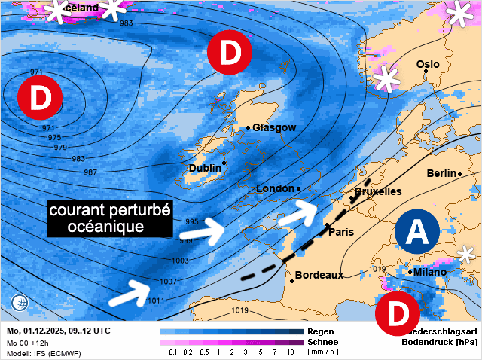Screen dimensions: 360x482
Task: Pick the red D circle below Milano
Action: coord(397,315)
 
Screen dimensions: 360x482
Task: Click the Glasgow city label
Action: coord(274,127)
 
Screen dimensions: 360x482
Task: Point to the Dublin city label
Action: coord(204,168)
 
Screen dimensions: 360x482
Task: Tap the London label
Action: coord(276,188)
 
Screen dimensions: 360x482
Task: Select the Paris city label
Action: coord(341,231)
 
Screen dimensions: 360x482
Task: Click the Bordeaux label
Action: coord(319,275)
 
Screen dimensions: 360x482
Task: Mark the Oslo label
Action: coord(428,65)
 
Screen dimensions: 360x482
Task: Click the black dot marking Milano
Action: coord(410,272)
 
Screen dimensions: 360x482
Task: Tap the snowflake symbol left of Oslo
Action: coord(387,78)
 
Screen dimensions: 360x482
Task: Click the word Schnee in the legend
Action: coord(321,342)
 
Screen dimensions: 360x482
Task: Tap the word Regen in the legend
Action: coord(320,331)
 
